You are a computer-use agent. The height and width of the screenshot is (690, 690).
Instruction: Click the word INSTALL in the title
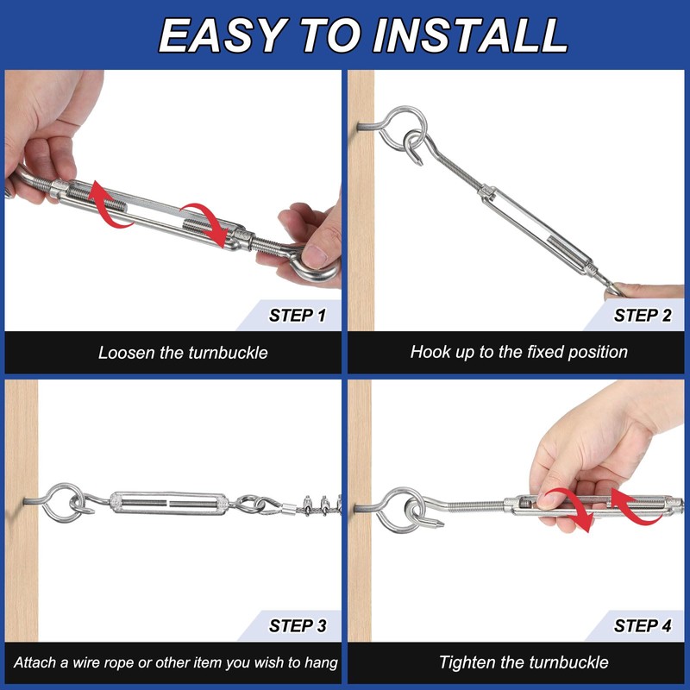(x=470, y=35)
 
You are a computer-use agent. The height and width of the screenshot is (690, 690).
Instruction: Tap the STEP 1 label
(x=298, y=316)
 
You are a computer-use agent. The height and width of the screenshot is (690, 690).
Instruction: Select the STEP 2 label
(x=643, y=316)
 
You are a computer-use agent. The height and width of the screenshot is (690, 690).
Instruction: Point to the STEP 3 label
(x=298, y=625)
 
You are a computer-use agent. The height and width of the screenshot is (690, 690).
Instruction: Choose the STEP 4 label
(x=643, y=625)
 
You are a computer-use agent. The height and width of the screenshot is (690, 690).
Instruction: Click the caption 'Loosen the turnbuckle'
(x=183, y=353)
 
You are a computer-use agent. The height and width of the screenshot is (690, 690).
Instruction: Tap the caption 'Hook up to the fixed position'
(x=519, y=352)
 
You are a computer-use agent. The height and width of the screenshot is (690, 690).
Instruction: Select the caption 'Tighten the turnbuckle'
(x=524, y=662)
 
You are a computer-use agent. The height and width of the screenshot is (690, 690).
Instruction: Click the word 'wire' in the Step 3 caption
(x=89, y=662)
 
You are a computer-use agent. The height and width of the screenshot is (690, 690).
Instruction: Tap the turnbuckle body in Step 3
(x=169, y=503)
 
